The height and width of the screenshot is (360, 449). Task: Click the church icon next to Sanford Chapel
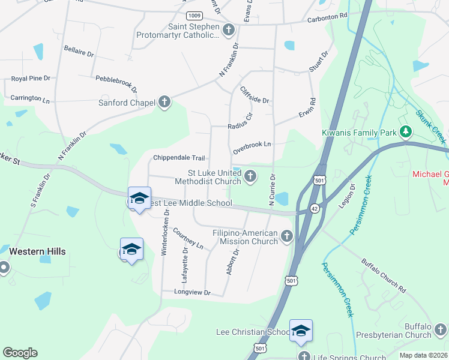pos(165,103)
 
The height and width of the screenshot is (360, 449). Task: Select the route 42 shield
pos(315,208)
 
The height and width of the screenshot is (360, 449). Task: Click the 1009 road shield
pos(194,15)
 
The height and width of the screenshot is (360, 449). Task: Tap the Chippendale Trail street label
pos(179,158)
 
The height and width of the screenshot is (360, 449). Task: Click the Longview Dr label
pos(192,293)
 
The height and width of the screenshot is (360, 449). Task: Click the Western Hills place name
pos(37,251)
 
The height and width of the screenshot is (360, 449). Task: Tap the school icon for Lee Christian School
pos(301,331)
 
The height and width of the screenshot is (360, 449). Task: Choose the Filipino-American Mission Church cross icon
pos(287,236)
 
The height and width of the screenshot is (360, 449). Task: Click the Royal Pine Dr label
pos(31,79)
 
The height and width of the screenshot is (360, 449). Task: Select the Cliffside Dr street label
pos(255,95)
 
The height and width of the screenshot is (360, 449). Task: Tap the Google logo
pos(20,352)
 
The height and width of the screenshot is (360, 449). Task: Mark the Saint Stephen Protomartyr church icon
pos(228,29)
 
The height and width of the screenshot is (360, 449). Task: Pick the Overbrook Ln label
pos(252,145)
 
